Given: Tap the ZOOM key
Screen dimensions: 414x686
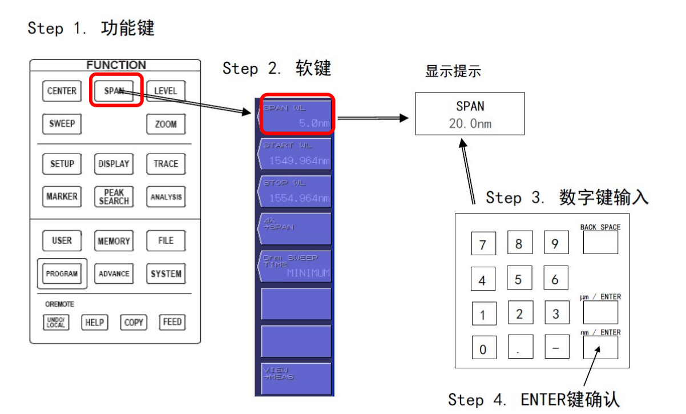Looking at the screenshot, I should (166, 124).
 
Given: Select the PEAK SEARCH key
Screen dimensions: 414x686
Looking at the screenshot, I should (114, 196).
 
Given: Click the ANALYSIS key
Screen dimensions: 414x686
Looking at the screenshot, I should (166, 197).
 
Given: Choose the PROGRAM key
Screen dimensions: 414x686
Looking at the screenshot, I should (62, 274).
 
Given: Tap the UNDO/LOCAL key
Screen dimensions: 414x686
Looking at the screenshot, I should (55, 322).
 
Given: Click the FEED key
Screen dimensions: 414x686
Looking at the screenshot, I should (172, 322).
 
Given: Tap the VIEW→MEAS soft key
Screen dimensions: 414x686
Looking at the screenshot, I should (296, 377).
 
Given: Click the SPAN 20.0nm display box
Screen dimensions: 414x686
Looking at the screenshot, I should (470, 114).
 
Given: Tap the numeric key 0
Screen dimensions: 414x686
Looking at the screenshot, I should (483, 347).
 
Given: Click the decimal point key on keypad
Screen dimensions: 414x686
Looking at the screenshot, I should (519, 347).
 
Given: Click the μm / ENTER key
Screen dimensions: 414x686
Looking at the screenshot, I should (600, 312).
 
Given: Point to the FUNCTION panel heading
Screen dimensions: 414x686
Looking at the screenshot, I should (116, 65).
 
